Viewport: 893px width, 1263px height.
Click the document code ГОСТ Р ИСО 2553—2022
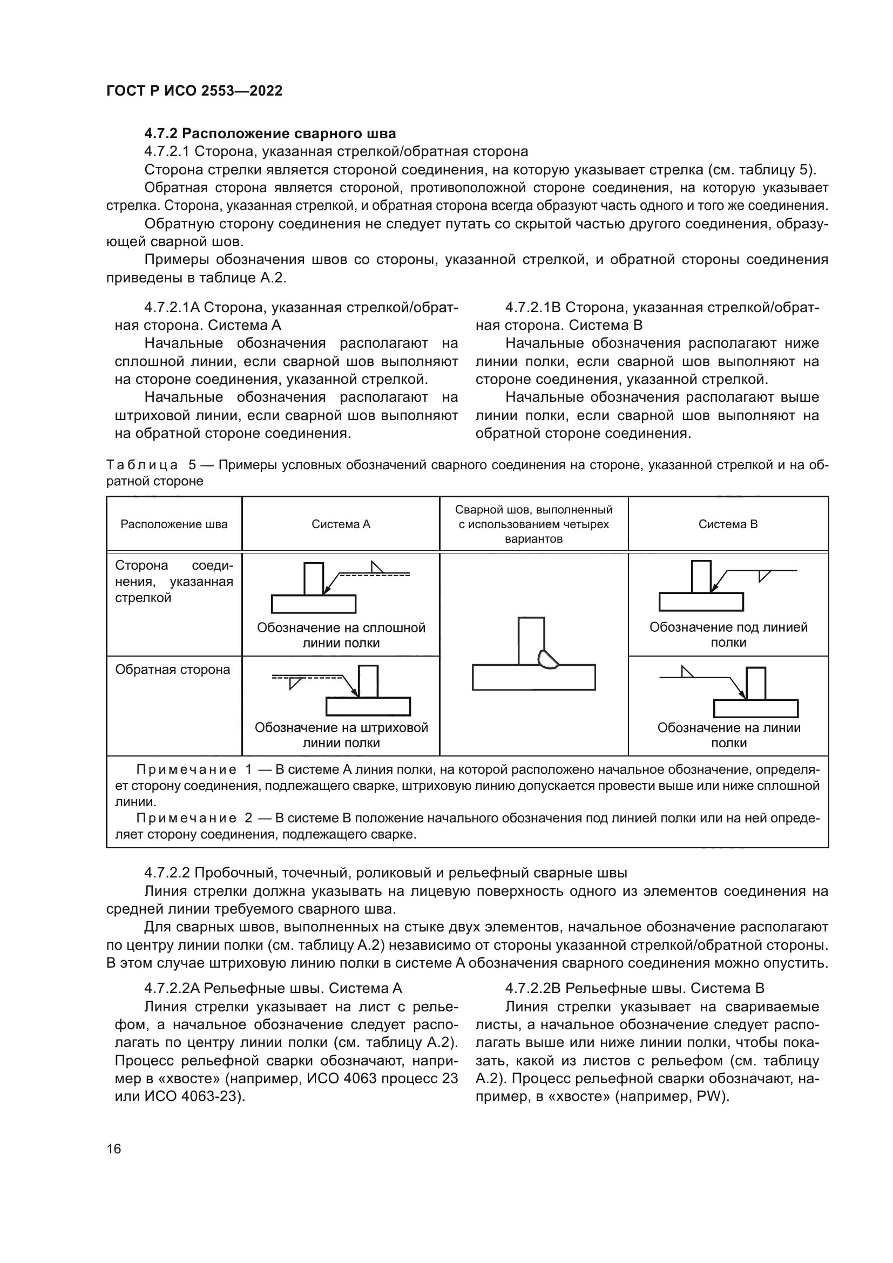194,91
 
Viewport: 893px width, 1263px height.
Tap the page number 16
114,1149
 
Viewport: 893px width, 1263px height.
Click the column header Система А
341,524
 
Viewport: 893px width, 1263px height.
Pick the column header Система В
728,524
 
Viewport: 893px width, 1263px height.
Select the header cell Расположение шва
174,524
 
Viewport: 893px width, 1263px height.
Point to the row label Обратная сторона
172,670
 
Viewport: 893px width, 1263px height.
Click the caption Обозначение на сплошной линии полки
341,636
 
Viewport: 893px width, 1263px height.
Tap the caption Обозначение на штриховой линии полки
341,735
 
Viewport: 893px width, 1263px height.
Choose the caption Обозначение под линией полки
728,635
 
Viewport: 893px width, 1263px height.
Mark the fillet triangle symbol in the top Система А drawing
377,568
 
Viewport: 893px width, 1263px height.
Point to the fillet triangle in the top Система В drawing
763,576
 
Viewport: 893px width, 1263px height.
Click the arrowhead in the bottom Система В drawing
743,695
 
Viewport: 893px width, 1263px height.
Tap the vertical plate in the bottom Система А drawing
368,681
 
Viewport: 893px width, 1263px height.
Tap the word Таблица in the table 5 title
143,465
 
